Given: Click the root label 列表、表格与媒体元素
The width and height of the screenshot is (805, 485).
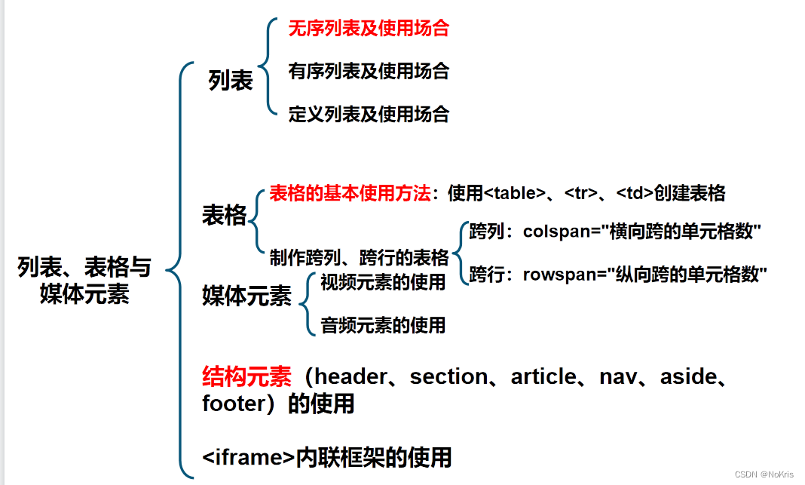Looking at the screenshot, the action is pyautogui.click(x=84, y=280).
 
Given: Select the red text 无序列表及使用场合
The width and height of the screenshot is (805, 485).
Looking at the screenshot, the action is pyautogui.click(x=369, y=29).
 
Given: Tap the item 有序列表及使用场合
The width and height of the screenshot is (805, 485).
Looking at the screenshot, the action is pyautogui.click(x=369, y=72).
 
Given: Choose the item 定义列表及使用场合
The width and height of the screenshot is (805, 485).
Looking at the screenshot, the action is pyautogui.click(x=369, y=115).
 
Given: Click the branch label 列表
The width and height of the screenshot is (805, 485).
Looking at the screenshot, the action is pyautogui.click(x=231, y=81).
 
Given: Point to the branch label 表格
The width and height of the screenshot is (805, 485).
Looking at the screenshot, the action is pyautogui.click(x=224, y=216).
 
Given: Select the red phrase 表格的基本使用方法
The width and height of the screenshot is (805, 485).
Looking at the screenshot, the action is pyautogui.click(x=350, y=193).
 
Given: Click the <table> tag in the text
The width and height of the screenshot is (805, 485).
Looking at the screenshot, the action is pyautogui.click(x=514, y=193).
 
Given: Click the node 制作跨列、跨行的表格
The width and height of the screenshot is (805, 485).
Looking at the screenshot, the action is pyautogui.click(x=359, y=258).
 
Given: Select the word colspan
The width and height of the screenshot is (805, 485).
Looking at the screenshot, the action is pyautogui.click(x=556, y=232).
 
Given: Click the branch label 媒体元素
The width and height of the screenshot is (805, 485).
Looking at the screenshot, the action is pyautogui.click(x=246, y=296).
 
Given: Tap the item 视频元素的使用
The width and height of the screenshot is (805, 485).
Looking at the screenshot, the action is pyautogui.click(x=383, y=282).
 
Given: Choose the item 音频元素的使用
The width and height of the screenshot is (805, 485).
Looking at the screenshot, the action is pyautogui.click(x=383, y=325).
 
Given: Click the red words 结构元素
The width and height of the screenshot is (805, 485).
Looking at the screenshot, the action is pyautogui.click(x=246, y=376).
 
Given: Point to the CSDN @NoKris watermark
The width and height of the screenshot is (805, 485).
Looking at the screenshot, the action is pyautogui.click(x=764, y=474).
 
